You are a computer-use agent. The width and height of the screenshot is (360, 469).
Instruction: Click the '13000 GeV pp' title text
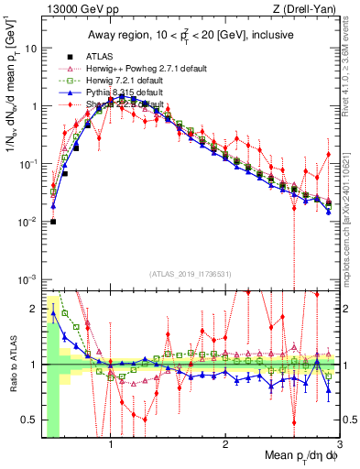coord(71,9)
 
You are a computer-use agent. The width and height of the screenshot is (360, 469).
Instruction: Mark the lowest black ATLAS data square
coord(53,222)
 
